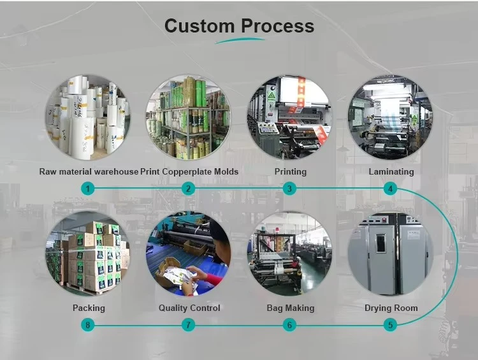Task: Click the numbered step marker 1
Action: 88,189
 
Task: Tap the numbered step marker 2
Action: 188,189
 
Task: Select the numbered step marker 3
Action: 289,189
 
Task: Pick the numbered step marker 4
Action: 391,189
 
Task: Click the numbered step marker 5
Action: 391,325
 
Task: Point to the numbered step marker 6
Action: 289,325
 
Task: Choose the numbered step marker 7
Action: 188,325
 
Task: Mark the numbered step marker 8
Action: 88,325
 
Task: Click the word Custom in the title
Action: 199,26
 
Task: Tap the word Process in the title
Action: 277,26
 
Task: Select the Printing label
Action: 291,171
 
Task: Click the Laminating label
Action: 391,171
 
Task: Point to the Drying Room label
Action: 391,308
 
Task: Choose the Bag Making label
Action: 291,308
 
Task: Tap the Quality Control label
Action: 189,308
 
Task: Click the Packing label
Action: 89,308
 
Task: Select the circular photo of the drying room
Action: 391,254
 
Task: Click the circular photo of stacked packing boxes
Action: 88,254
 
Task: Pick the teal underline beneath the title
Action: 240,41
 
